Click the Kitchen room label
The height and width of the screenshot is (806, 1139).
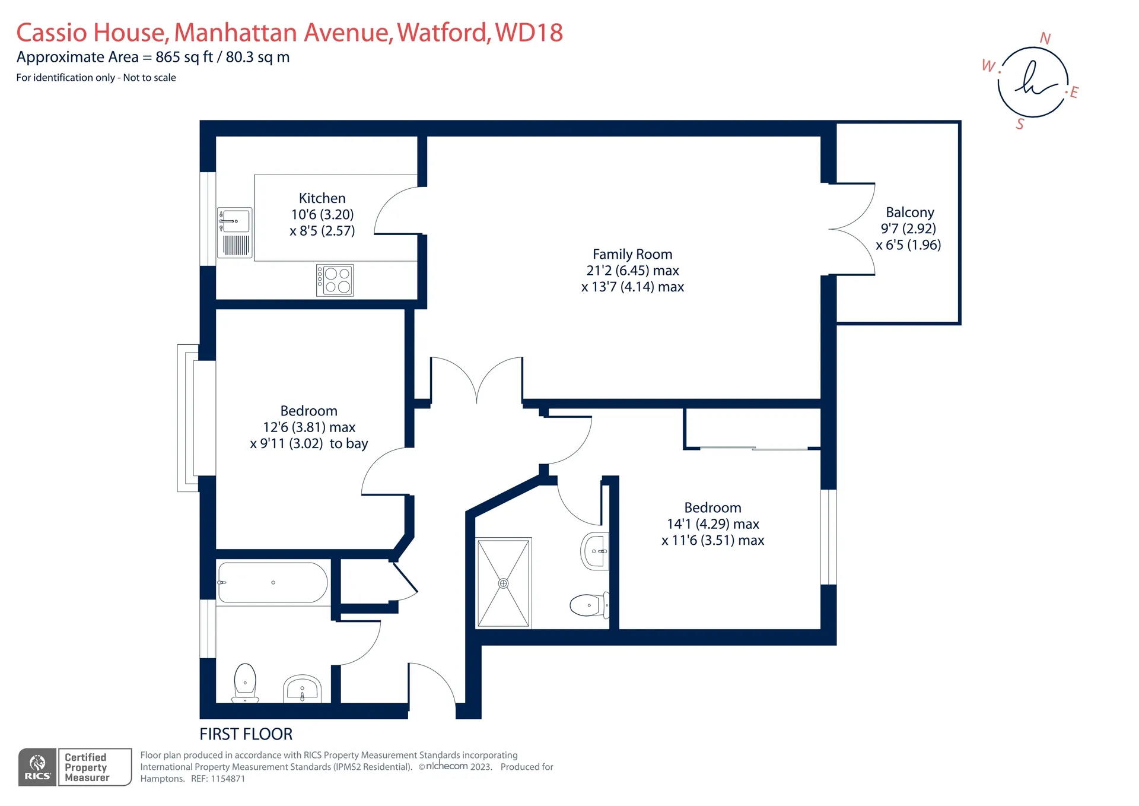pyautogui.click(x=322, y=198)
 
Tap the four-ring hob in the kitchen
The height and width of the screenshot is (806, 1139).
pyautogui.click(x=335, y=280)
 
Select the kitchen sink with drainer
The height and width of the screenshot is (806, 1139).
pyautogui.click(x=235, y=233)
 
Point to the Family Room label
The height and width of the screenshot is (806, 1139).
pyautogui.click(x=632, y=254)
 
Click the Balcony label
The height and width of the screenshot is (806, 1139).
pyautogui.click(x=910, y=212)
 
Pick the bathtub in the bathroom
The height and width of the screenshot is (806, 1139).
pyautogui.click(x=273, y=582)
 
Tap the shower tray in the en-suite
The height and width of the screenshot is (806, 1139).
pyautogui.click(x=504, y=583)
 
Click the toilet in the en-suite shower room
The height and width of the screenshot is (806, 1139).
pyautogui.click(x=588, y=605)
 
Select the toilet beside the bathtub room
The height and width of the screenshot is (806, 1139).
pyautogui.click(x=245, y=683)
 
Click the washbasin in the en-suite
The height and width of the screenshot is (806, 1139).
pyautogui.click(x=594, y=551)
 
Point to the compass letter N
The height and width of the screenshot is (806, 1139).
pyautogui.click(x=1045, y=39)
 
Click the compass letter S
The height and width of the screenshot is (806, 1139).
pyautogui.click(x=1020, y=124)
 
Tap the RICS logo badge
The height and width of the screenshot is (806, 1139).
pyautogui.click(x=37, y=767)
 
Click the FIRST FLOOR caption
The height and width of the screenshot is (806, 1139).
pyautogui.click(x=246, y=734)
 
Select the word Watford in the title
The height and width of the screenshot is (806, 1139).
pyautogui.click(x=444, y=33)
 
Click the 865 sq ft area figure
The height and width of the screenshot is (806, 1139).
pyautogui.click(x=184, y=57)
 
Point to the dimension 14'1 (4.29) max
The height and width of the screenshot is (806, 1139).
pyautogui.click(x=713, y=524)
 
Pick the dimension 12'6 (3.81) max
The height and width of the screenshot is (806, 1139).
pyautogui.click(x=309, y=427)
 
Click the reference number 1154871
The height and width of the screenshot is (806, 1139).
pyautogui.click(x=228, y=779)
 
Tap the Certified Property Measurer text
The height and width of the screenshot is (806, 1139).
pyautogui.click(x=87, y=767)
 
